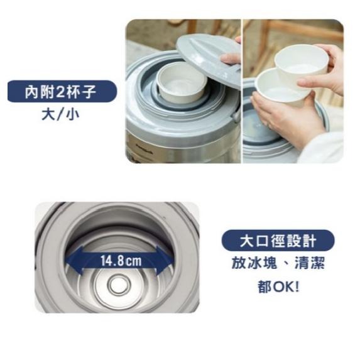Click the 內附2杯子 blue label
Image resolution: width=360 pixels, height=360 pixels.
point(62,91)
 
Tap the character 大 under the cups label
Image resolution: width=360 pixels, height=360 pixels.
point(48,114)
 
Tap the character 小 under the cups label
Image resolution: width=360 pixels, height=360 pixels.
point(72,114)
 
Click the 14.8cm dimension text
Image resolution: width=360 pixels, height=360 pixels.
point(121,261)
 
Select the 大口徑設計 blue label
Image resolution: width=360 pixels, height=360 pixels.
point(278,241)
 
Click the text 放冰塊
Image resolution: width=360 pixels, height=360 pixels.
point(254,263)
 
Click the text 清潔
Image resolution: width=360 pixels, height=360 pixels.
point(310,263)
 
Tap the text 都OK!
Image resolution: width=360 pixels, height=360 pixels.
point(278,286)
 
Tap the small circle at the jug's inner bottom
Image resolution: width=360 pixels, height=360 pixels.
point(119,285)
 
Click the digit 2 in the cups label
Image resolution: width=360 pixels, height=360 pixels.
point(60,91)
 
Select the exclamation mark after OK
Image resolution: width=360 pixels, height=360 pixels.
point(297,286)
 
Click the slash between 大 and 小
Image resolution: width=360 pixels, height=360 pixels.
point(60,114)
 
